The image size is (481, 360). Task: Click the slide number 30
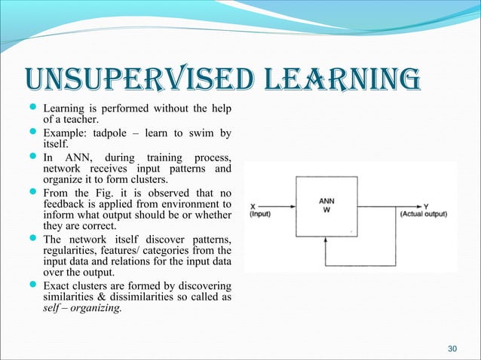tap(452, 347)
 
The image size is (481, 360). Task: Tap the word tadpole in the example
tap(120, 133)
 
